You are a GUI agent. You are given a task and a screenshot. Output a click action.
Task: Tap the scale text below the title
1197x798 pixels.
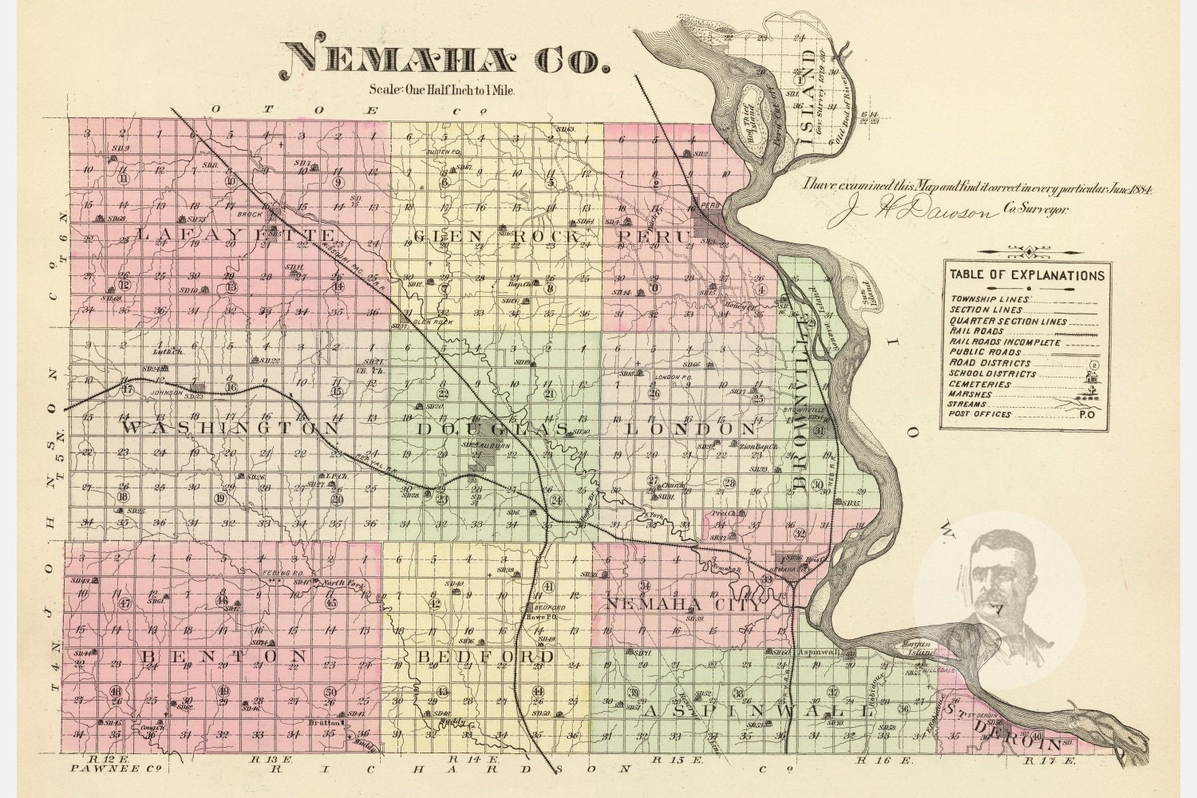coord(442,90)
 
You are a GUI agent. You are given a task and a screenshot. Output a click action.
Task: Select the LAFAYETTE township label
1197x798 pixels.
coord(237,235)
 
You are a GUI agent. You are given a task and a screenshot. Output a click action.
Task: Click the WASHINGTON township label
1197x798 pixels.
coord(231,429)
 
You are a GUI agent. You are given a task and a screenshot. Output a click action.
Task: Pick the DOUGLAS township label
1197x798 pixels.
coord(492,429)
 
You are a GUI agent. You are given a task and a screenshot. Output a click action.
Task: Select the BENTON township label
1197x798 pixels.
coord(224,656)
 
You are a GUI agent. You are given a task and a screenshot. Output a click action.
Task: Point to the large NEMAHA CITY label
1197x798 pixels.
coord(684,603)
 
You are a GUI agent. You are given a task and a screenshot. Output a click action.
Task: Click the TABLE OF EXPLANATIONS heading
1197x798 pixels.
coord(1027,275)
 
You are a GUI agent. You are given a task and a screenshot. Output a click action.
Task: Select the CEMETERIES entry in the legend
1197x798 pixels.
coord(980,385)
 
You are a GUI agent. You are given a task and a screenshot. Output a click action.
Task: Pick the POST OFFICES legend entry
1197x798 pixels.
coord(981,414)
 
